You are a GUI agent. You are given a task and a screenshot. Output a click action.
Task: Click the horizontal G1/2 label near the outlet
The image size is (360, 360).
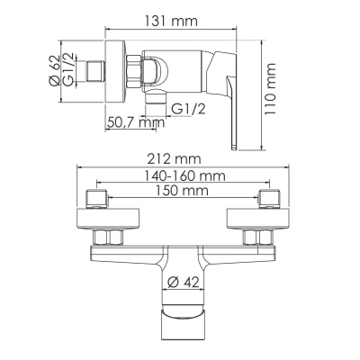tap(189, 108)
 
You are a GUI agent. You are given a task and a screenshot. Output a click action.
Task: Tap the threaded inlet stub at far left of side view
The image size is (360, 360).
tap(95, 69)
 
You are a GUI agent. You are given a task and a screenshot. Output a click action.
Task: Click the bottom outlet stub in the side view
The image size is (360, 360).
tap(161, 103)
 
